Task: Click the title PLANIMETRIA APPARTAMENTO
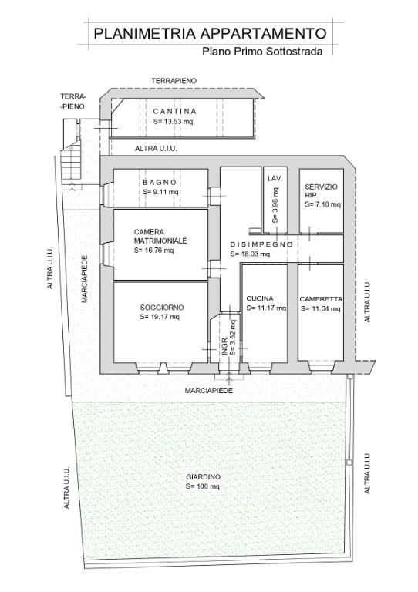click(209, 33)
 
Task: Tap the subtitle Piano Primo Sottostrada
click(261, 52)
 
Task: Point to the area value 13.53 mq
click(173, 121)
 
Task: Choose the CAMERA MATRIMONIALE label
click(160, 236)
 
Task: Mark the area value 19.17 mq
click(160, 317)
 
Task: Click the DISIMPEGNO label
click(261, 244)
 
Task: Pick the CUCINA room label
click(261, 298)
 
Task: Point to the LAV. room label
click(275, 179)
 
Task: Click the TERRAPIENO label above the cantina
click(174, 80)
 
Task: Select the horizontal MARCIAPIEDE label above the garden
click(208, 391)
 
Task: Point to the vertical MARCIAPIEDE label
click(86, 279)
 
